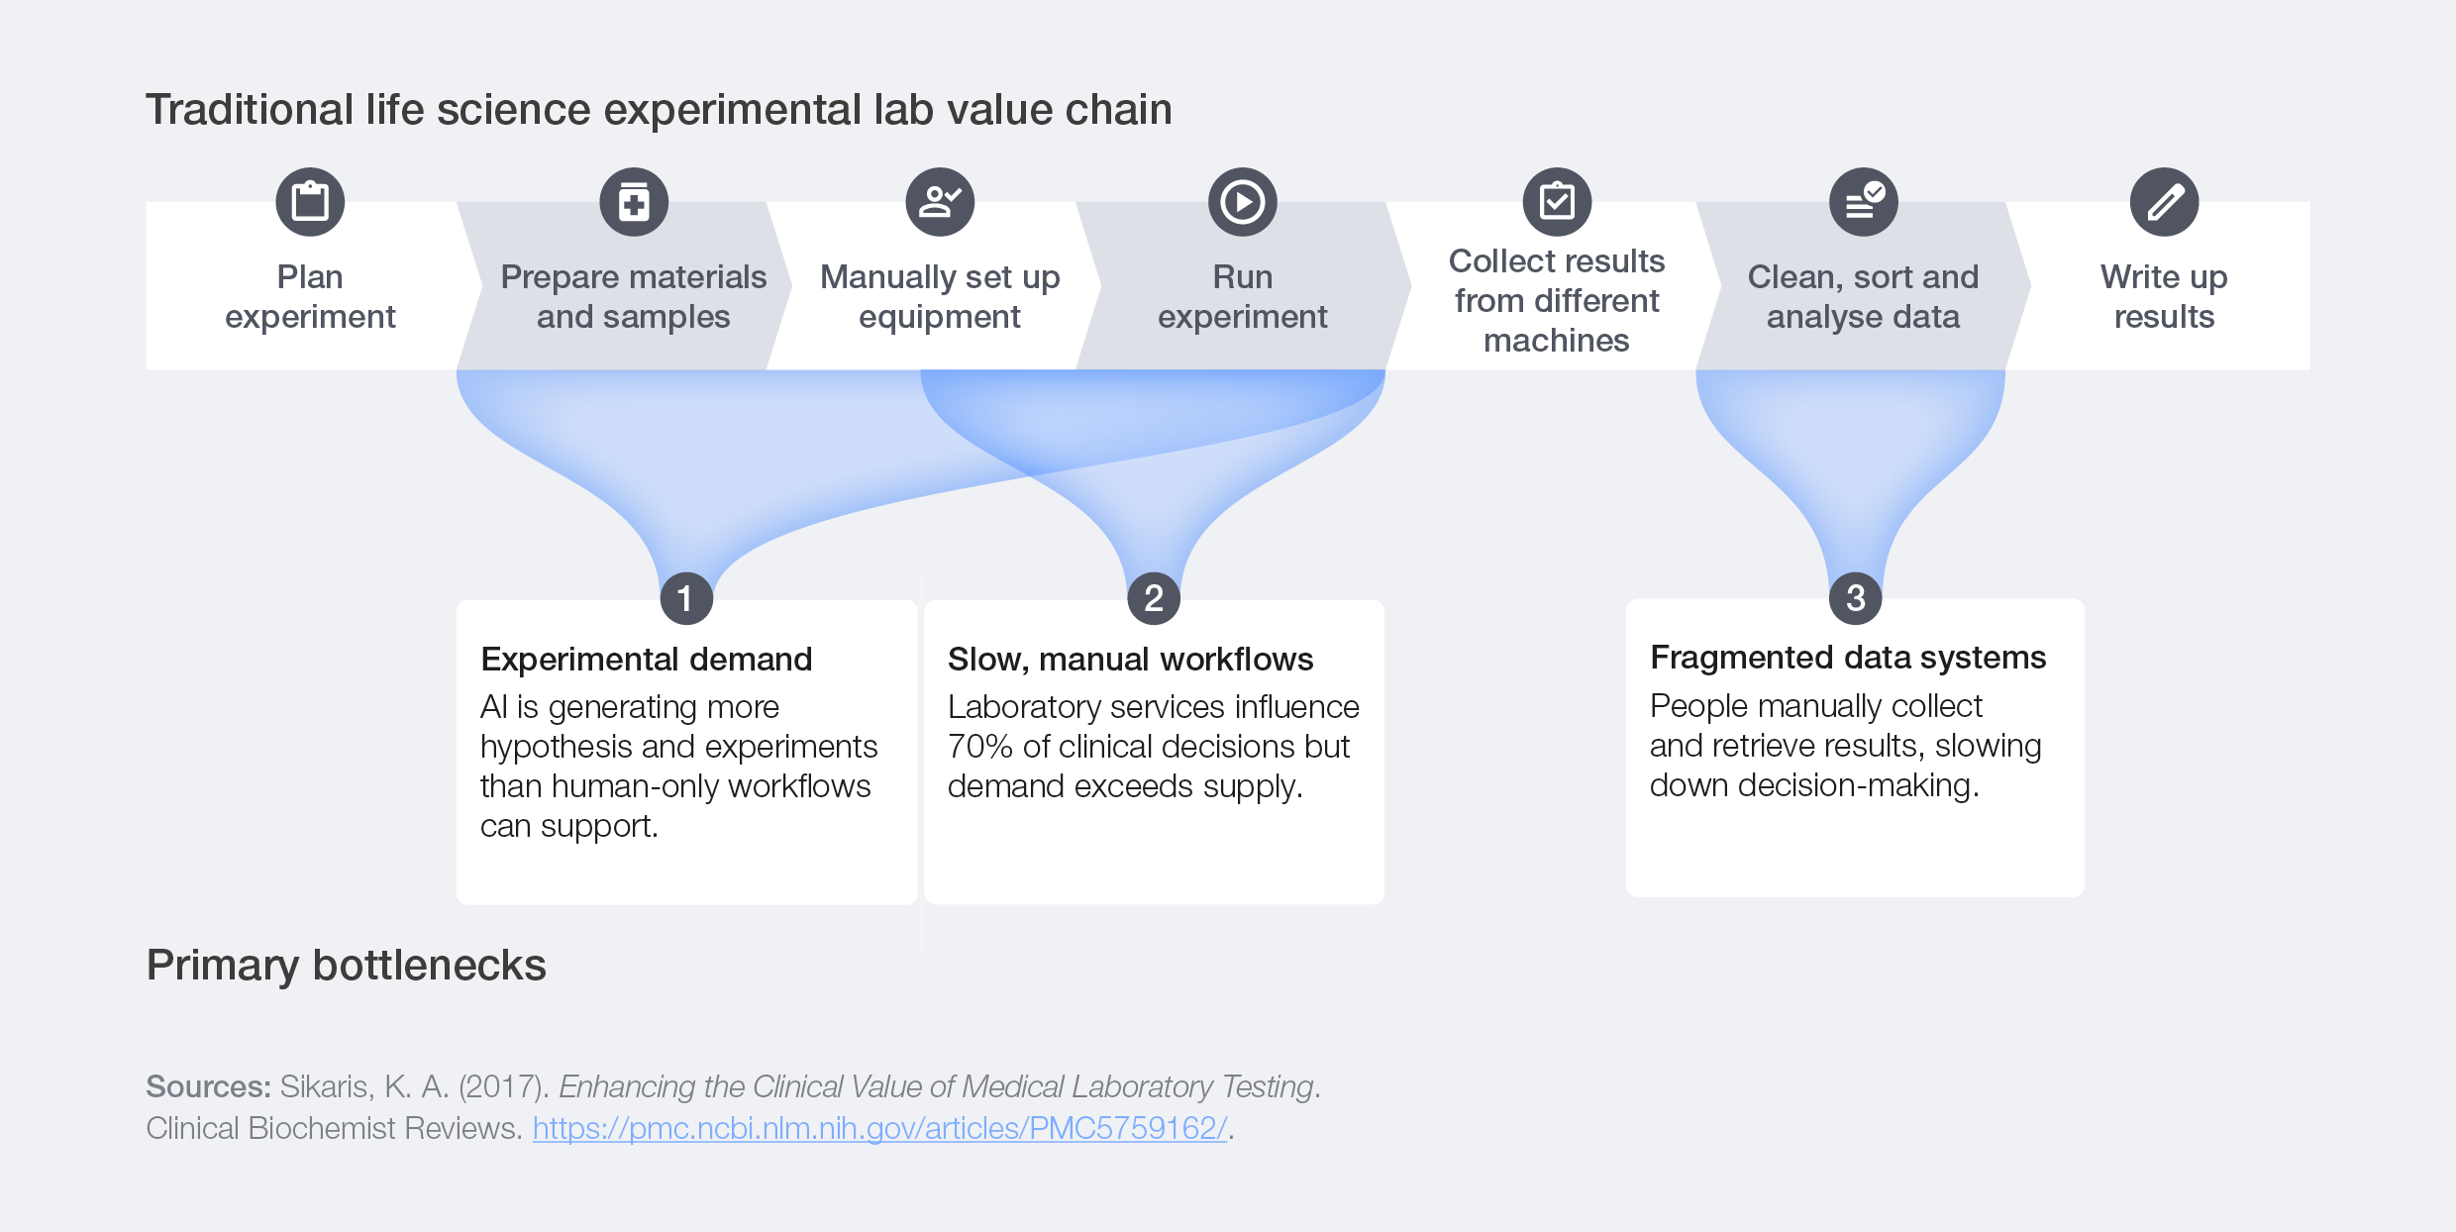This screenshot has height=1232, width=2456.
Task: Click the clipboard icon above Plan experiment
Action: click(310, 202)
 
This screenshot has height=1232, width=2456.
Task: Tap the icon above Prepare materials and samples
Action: click(634, 202)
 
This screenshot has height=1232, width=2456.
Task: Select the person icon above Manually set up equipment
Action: click(940, 202)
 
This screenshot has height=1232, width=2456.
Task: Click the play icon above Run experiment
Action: click(1243, 202)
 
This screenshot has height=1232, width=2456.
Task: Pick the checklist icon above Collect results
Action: click(1557, 202)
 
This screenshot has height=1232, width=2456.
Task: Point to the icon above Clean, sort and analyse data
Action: click(1864, 202)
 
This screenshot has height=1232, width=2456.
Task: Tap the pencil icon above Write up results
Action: click(2165, 202)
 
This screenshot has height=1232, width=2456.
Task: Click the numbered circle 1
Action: click(686, 598)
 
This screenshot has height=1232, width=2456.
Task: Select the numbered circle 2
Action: click(1154, 598)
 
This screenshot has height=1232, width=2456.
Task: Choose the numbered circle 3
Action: click(1856, 598)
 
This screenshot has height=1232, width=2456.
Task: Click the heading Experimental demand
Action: click(647, 660)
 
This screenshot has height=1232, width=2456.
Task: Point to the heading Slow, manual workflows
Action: click(1130, 660)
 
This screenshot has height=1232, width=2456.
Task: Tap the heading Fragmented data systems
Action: click(1848, 658)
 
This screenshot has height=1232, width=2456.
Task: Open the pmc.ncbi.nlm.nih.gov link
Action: click(879, 1128)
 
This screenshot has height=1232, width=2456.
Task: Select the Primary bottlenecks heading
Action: click(347, 966)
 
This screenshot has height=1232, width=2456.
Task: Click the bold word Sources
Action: click(208, 1086)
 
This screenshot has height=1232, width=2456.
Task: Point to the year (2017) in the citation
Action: click(503, 1086)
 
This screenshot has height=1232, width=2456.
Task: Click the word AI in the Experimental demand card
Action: click(494, 707)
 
